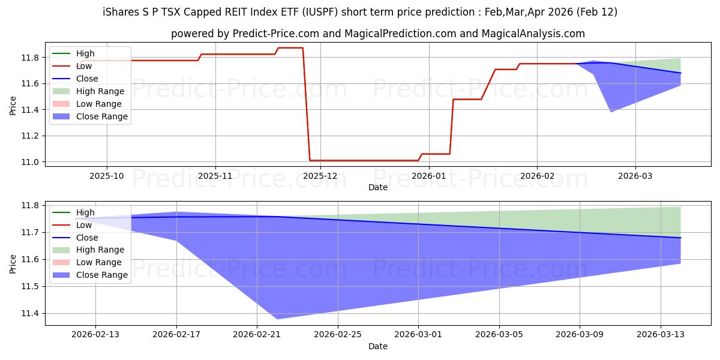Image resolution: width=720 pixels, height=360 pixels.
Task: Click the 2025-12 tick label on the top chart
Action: pyautogui.click(x=320, y=175)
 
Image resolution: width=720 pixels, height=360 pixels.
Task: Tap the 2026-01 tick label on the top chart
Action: pyautogui.click(x=428, y=175)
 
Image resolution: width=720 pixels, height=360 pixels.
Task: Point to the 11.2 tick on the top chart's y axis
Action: pyautogui.click(x=31, y=136)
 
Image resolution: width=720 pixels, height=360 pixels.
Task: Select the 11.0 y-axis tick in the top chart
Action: pyautogui.click(x=31, y=162)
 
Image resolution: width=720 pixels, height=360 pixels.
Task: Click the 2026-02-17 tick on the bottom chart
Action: pyautogui.click(x=176, y=334)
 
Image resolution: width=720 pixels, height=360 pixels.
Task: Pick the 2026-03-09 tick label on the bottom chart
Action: pyautogui.click(x=580, y=334)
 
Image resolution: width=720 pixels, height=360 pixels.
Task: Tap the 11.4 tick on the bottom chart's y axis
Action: pyautogui.click(x=31, y=314)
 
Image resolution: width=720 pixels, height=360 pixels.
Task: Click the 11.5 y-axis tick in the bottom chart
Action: pyautogui.click(x=31, y=287)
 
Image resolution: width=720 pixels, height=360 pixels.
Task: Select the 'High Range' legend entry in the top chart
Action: pyautogui.click(x=100, y=91)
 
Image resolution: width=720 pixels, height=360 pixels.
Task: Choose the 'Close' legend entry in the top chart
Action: pyautogui.click(x=87, y=79)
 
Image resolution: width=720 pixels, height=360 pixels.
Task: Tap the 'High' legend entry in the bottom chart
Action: pyautogui.click(x=85, y=212)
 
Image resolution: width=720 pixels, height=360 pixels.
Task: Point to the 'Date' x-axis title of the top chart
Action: pyautogui.click(x=378, y=187)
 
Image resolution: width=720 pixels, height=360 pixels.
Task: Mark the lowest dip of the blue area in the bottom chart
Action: pyautogui.click(x=276, y=319)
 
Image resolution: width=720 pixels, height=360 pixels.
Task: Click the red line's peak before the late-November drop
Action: pyautogui.click(x=290, y=47)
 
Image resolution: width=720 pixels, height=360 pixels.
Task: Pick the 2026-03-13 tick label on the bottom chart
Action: pyautogui.click(x=660, y=334)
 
